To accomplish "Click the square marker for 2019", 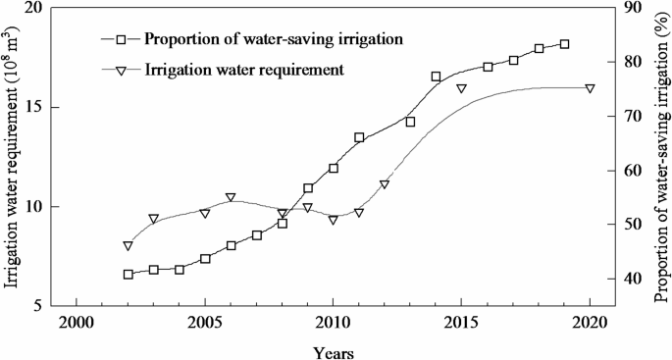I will click(x=564, y=44).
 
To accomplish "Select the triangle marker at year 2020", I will click(x=590, y=88).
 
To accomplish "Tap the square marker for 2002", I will click(x=129, y=275).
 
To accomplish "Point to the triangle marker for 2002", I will click(x=129, y=246).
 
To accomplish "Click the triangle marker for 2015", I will click(x=461, y=88).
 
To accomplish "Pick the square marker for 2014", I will click(x=436, y=77).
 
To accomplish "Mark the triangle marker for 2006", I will click(x=231, y=198).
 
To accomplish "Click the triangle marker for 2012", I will click(x=385, y=184).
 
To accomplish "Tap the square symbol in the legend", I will click(x=121, y=40).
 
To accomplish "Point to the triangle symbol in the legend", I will click(x=121, y=71).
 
